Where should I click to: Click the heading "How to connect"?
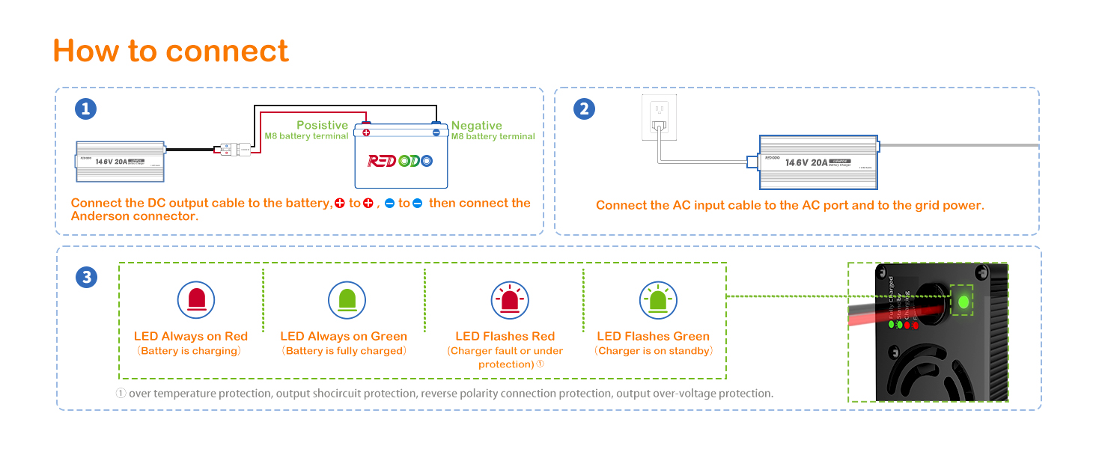pyautogui.click(x=171, y=51)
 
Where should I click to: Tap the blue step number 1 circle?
pyautogui.click(x=86, y=109)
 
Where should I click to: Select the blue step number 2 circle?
pyautogui.click(x=584, y=109)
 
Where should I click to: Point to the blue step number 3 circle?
pyautogui.click(x=86, y=278)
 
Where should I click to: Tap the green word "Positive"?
pyautogui.click(x=322, y=125)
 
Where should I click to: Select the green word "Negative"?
pyautogui.click(x=477, y=126)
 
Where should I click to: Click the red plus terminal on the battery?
pyautogui.click(x=366, y=132)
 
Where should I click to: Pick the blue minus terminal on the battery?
pyautogui.click(x=436, y=132)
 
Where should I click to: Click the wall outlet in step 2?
pyautogui.click(x=659, y=117)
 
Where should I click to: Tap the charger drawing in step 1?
pyautogui.click(x=121, y=161)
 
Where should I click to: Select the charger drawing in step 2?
pyautogui.click(x=818, y=162)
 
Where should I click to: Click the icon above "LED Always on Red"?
pyautogui.click(x=196, y=300)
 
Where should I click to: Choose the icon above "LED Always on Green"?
pyautogui.click(x=347, y=300)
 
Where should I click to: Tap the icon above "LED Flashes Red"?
pyautogui.click(x=510, y=300)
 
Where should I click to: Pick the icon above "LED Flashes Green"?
pyautogui.click(x=658, y=300)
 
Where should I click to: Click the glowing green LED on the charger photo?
pyautogui.click(x=963, y=302)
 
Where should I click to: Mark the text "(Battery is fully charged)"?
pyautogui.click(x=344, y=351)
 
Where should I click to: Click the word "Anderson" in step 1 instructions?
pyautogui.click(x=101, y=216)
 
